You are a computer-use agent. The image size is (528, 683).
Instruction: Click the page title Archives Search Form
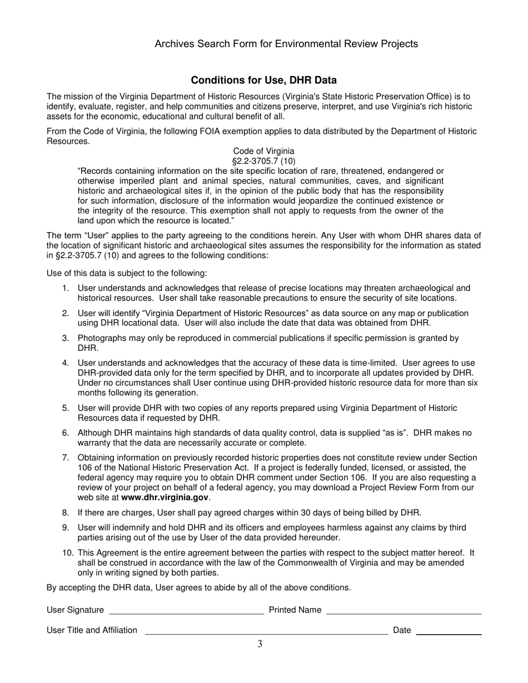286,44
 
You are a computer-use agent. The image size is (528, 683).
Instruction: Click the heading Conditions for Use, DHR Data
263,80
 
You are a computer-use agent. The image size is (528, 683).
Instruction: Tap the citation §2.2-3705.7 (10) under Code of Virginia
263,161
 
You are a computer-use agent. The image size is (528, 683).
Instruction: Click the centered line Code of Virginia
263,151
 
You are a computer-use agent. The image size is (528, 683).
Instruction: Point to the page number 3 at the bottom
260,644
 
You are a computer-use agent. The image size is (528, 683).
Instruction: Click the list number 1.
66,288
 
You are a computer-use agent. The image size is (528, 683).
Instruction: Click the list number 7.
66,458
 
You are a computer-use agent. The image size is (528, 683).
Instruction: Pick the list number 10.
67,553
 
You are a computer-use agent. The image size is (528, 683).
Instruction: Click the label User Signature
75,610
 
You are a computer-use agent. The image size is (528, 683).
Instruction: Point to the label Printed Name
295,610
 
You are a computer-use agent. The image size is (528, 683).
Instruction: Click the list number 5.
66,408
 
